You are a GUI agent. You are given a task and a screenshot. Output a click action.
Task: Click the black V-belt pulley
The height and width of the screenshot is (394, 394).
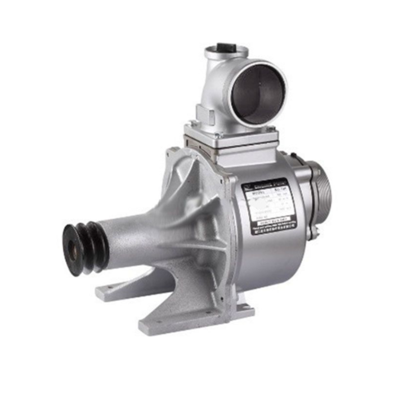click(x=84, y=248)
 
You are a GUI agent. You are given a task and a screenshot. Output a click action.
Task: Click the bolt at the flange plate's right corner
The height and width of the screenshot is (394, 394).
click(x=271, y=130)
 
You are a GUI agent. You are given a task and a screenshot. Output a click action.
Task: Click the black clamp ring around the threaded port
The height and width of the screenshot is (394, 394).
click(x=309, y=194)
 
